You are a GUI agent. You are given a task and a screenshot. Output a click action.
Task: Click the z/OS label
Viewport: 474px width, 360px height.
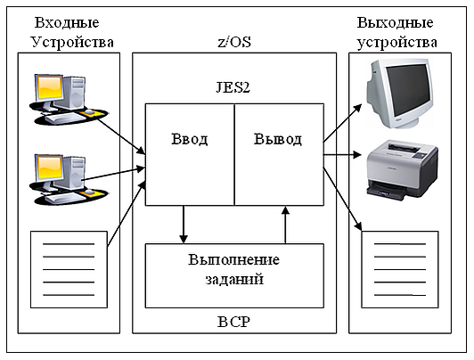coord(234,42)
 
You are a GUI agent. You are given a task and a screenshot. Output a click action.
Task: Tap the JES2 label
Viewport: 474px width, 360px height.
coord(233,87)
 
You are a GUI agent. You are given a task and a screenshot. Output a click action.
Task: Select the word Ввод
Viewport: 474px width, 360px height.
coord(190,139)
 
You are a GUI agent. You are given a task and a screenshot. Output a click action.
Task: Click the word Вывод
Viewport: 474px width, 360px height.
coord(277,139)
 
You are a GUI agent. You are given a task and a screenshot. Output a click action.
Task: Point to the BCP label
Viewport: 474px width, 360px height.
coord(234,322)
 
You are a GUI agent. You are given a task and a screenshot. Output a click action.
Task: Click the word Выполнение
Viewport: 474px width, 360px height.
coord(234,259)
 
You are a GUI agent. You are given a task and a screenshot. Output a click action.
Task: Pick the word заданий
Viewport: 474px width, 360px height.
coord(234,279)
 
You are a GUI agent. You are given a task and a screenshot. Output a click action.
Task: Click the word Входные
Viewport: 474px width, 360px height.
coord(67,22)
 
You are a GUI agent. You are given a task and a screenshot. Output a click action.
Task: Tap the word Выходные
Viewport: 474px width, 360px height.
coord(395,22)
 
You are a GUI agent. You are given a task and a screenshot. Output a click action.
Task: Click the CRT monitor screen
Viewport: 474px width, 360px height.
coord(408,89)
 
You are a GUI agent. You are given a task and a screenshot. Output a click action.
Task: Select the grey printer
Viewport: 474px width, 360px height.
coord(403,170)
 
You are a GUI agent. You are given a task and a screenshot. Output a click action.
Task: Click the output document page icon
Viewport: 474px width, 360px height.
coord(400,270)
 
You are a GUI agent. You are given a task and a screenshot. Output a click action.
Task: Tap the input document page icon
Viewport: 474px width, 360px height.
coord(69,270)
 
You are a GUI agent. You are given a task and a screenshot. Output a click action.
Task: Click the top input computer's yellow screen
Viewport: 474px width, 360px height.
coord(49,87)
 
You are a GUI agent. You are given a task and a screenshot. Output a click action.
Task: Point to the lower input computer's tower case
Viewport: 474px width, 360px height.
coord(74,172)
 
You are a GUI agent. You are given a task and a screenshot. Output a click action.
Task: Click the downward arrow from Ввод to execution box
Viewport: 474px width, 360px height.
coord(184,225)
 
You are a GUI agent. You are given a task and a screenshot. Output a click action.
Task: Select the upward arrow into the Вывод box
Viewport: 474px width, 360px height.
coord(285,225)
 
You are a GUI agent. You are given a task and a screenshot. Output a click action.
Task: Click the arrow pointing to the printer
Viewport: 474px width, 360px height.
coord(342,155)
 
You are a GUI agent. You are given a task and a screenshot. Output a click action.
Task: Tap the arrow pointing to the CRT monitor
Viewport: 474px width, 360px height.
coord(342,123)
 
